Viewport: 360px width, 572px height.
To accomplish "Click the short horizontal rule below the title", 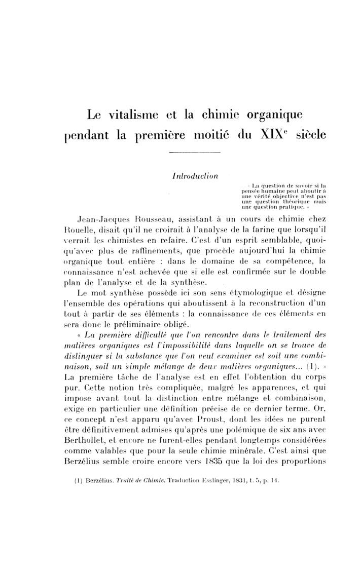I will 194,153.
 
